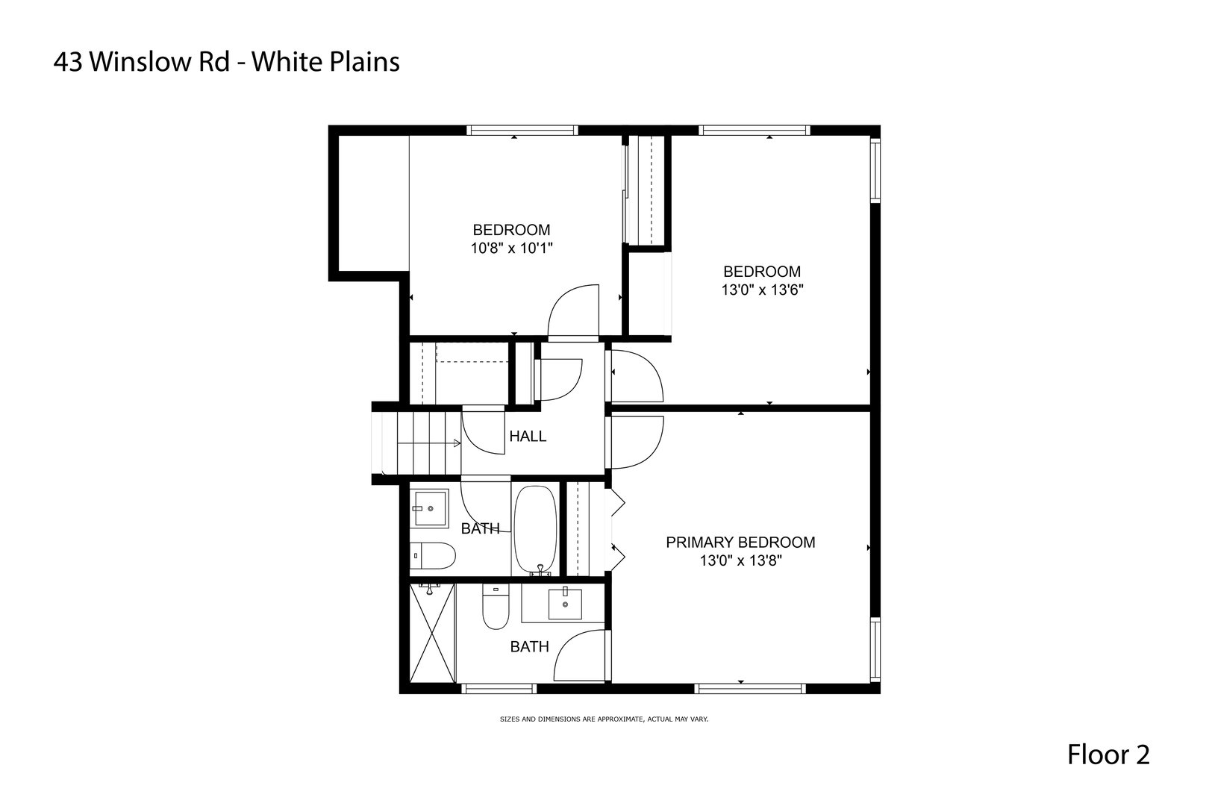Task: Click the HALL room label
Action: [528, 437]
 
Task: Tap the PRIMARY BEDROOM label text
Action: [740, 543]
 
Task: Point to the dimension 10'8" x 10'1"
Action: [511, 248]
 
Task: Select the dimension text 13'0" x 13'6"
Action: [762, 290]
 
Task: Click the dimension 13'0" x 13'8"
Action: [740, 560]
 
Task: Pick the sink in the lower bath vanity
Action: [565, 603]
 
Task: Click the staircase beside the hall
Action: [422, 443]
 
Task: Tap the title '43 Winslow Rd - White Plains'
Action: [226, 62]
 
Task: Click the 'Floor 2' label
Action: [1108, 755]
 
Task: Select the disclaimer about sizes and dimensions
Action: [604, 719]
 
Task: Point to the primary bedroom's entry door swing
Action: [636, 442]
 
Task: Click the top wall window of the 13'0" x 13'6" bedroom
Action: [755, 131]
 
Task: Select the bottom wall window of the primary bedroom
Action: [751, 688]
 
